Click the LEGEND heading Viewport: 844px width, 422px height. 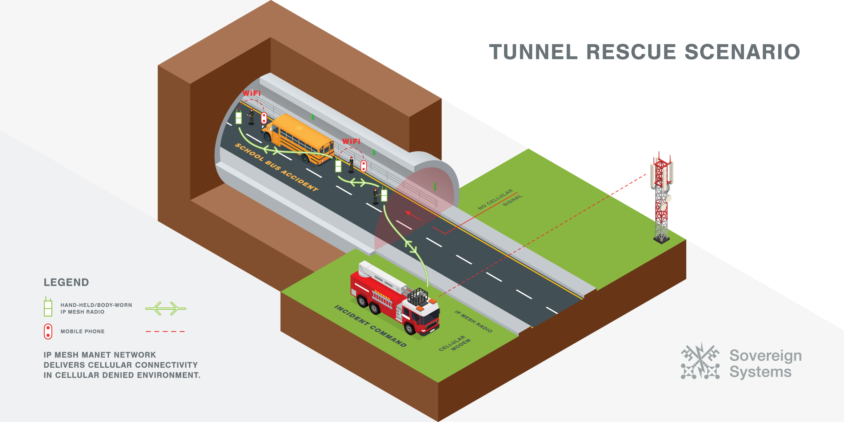(x=66, y=282)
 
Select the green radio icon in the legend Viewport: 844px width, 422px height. (x=48, y=307)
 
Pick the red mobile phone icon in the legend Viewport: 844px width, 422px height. (x=48, y=332)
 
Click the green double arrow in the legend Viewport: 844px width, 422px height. (x=165, y=309)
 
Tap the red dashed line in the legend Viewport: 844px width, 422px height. (x=165, y=332)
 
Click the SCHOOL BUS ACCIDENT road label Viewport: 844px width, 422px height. (x=276, y=167)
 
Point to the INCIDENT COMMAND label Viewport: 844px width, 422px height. (x=370, y=326)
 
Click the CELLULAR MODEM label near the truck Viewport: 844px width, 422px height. (x=454, y=343)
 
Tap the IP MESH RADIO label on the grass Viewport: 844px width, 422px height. (x=473, y=321)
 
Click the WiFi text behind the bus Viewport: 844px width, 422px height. (x=351, y=141)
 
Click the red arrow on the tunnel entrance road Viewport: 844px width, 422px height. (x=413, y=215)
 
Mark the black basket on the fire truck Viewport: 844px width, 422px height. (x=418, y=297)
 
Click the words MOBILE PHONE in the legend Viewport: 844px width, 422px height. (x=82, y=332)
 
